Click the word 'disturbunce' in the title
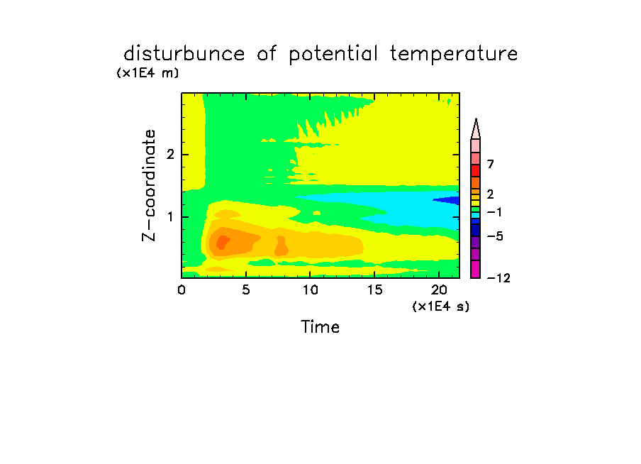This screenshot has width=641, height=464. click(x=184, y=54)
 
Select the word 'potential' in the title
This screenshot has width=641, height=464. click(x=333, y=55)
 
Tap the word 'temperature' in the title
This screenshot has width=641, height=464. click(x=454, y=55)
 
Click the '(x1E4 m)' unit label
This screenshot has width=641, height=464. click(x=147, y=73)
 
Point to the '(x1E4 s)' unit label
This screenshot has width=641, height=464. click(x=441, y=306)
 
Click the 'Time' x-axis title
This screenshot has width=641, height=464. click(x=320, y=327)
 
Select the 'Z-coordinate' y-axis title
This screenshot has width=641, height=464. click(x=149, y=185)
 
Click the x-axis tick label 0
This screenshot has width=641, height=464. click(x=182, y=289)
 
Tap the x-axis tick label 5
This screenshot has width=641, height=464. click(x=245, y=289)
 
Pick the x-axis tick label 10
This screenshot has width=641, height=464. click(x=311, y=289)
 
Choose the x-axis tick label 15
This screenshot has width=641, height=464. click(x=374, y=289)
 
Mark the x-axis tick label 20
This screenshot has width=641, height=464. click(x=439, y=289)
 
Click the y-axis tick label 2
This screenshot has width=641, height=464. click(x=170, y=155)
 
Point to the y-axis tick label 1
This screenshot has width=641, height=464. click(x=170, y=217)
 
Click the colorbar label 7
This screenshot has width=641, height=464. click(x=491, y=165)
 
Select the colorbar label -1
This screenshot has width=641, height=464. click(x=494, y=212)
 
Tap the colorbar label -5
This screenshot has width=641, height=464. click(x=495, y=236)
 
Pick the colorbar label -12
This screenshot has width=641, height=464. click(x=498, y=278)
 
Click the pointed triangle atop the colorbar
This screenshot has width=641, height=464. click(x=476, y=130)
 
